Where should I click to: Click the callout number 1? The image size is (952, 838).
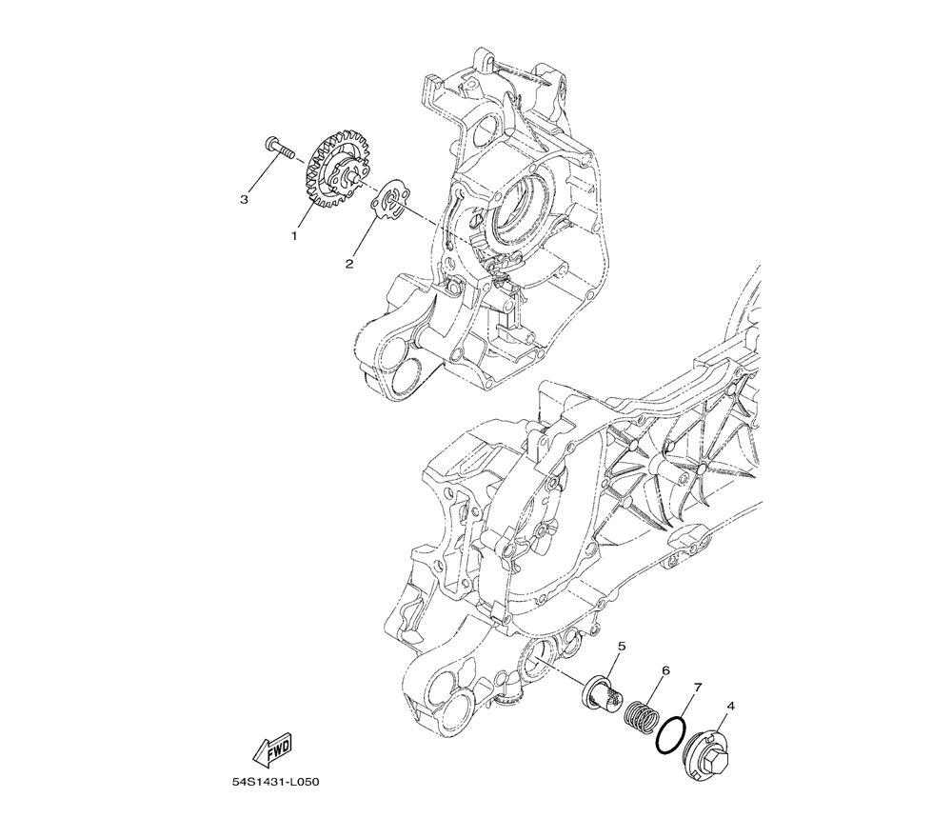[294, 235]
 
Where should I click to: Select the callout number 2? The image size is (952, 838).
[349, 264]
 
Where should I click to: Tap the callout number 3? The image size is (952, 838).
[244, 199]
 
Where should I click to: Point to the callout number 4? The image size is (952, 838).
[730, 706]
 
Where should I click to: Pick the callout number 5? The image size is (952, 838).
[621, 646]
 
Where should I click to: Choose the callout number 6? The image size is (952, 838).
[666, 670]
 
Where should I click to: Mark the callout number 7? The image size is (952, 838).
[698, 688]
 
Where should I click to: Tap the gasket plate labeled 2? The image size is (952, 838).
[387, 204]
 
